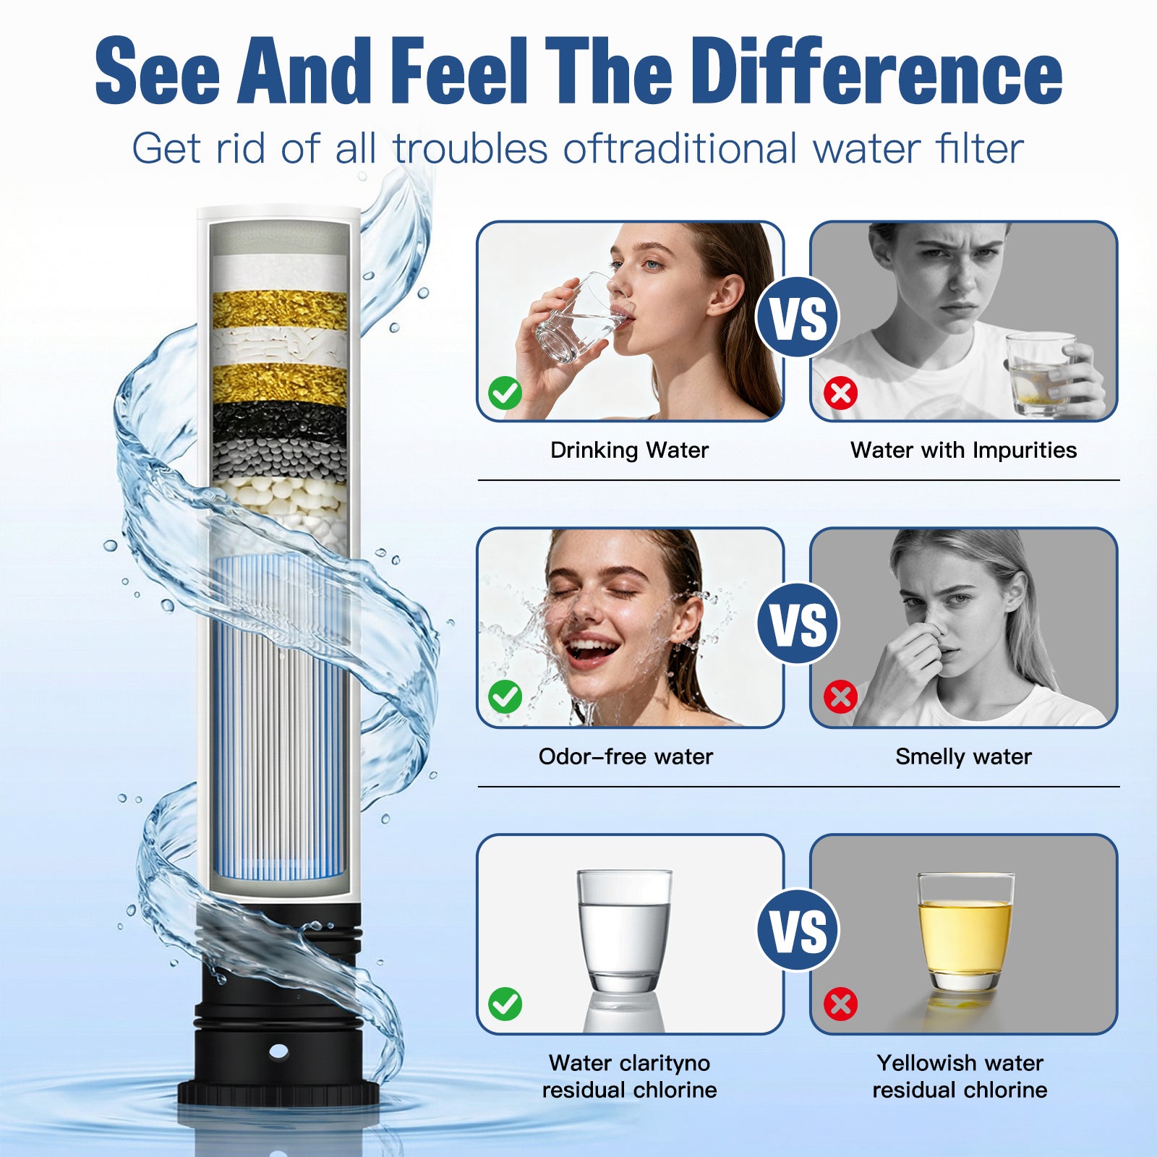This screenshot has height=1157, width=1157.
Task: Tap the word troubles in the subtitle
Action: (470, 149)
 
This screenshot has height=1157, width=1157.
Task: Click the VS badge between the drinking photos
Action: (797, 318)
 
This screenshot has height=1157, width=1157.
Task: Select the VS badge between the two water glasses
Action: (798, 930)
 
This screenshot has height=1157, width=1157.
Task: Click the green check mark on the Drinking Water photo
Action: (505, 393)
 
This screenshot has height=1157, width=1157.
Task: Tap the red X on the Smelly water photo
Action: (840, 698)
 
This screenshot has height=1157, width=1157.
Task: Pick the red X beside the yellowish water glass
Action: (840, 1004)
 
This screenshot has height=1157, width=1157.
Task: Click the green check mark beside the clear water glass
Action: (505, 1004)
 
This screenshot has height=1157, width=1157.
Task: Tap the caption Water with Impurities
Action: (963, 451)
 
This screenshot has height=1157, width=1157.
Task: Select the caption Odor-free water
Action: (626, 757)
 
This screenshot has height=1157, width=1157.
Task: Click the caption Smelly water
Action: (963, 757)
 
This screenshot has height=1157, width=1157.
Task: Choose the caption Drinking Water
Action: (629, 451)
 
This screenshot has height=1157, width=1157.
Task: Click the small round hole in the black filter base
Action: (278, 1051)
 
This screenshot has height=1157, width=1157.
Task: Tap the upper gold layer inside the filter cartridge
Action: (279, 309)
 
